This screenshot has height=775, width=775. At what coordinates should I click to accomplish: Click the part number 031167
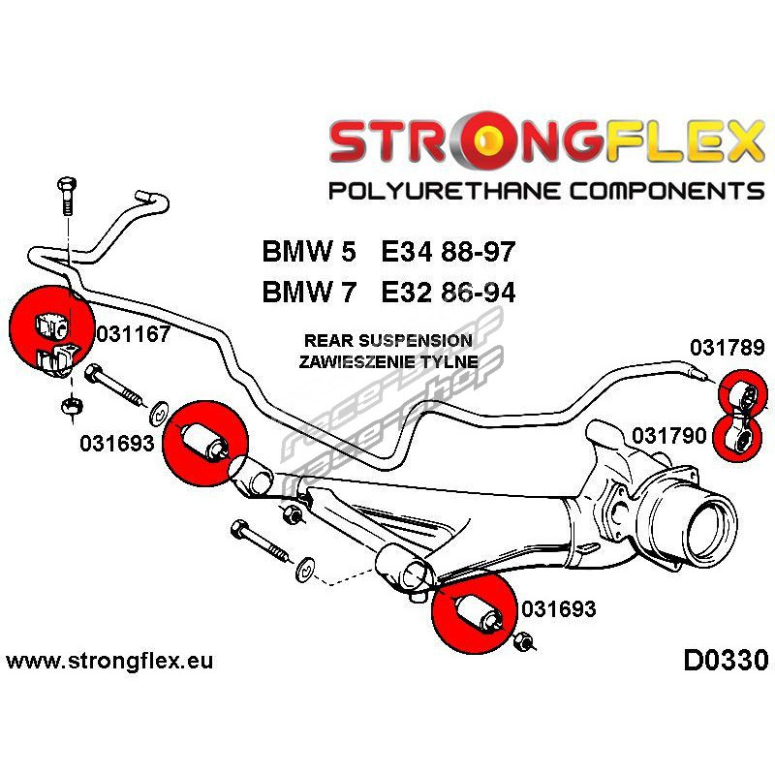tap(134, 335)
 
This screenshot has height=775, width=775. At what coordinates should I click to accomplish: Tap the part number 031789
tap(727, 348)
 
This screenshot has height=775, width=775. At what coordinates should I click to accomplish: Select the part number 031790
tap(670, 436)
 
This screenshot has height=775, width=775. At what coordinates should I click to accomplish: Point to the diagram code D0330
tap(725, 661)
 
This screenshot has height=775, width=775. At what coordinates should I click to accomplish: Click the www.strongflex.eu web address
tap(108, 662)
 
